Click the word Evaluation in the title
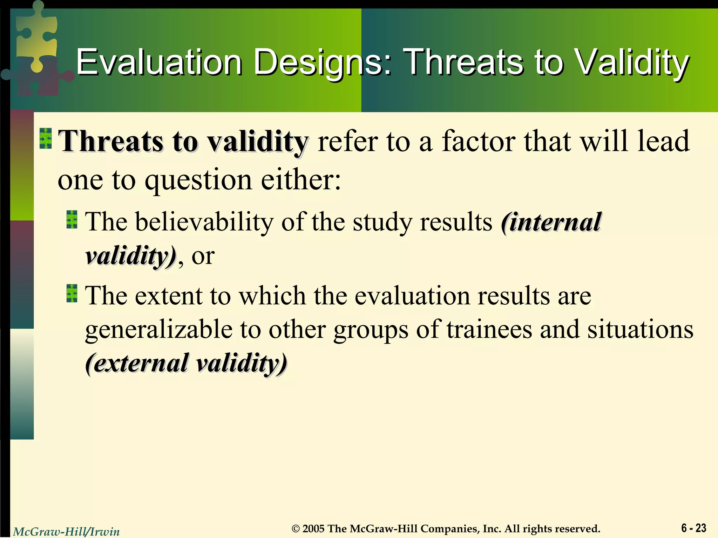159,62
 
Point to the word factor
479,141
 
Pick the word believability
204,222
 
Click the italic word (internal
551,222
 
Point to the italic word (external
137,363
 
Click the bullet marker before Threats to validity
46,138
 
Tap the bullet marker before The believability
72,220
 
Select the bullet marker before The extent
72,294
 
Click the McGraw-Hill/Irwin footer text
66,532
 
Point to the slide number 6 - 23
693,527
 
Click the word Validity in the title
632,62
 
